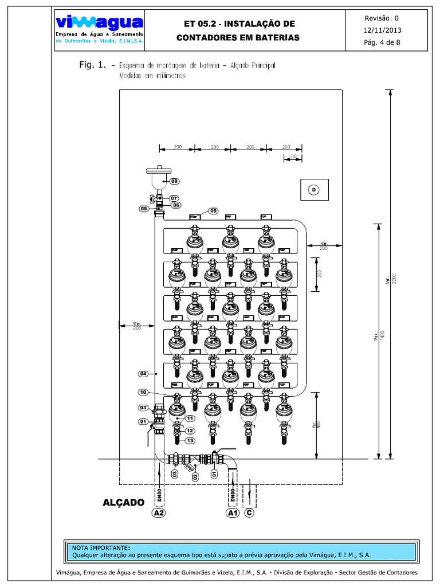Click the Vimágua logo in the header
point(99,24)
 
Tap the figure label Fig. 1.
point(93,65)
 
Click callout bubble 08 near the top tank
point(174,182)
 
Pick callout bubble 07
point(174,198)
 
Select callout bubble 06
point(175,205)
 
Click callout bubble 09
point(214,211)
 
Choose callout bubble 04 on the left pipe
point(144,374)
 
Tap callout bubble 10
point(144,392)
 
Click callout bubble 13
point(190,440)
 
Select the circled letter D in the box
point(314,189)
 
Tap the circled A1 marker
point(232,513)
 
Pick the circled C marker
point(249,513)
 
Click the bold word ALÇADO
point(123,503)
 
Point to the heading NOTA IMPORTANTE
point(101,548)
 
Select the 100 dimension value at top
point(292,156)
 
